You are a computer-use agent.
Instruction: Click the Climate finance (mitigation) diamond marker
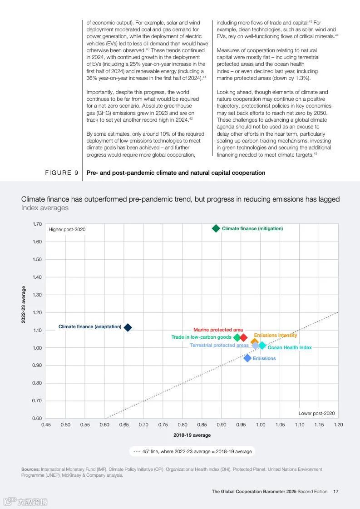point(216,228)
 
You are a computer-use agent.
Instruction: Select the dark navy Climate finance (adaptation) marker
point(128,327)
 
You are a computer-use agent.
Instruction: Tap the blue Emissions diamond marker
point(247,358)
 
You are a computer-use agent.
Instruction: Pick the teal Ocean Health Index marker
point(262,346)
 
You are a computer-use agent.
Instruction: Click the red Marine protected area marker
point(243,337)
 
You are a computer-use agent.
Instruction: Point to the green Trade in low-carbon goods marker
point(237,337)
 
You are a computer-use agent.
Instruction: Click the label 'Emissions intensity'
point(275,335)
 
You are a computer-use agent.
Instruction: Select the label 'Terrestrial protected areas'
point(219,345)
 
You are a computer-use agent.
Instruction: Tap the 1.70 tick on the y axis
point(37,224)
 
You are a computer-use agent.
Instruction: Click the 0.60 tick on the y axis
point(37,418)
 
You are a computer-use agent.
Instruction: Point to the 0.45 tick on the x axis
point(46,425)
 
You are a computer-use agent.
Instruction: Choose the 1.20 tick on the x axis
point(338,425)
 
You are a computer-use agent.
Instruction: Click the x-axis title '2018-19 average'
point(192,435)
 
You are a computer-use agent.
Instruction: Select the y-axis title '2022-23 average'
point(24,304)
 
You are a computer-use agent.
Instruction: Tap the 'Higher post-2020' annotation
point(67,229)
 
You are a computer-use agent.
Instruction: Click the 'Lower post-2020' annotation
point(316,413)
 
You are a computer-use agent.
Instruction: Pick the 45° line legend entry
point(192,451)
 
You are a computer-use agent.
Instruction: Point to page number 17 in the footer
point(336,491)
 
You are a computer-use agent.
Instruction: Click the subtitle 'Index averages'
point(45,208)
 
